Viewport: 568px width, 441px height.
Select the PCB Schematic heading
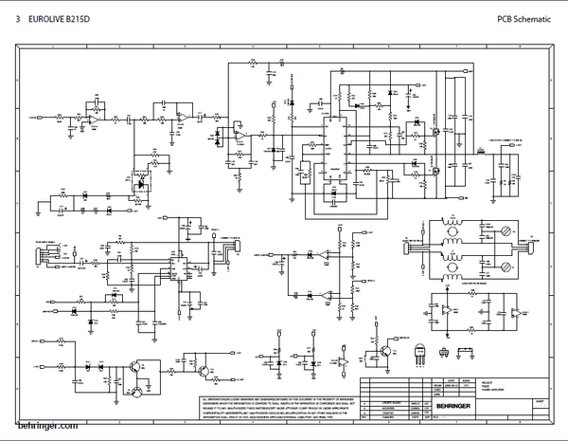click(524, 19)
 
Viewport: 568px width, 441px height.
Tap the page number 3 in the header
click(18, 19)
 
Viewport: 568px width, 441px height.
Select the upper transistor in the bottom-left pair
click(138, 366)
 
